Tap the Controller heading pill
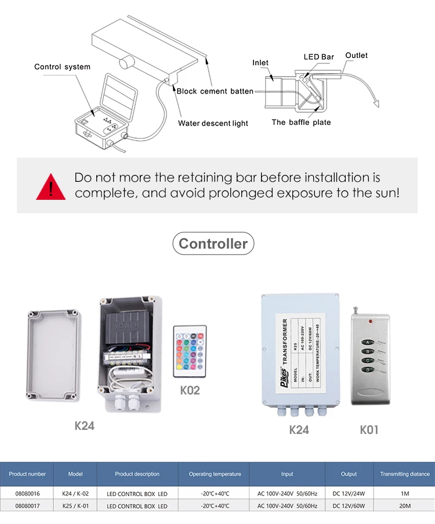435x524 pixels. coord(213,244)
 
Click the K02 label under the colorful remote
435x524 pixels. coord(190,390)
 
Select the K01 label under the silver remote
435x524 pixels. coord(369,430)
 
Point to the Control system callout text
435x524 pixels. coord(62,67)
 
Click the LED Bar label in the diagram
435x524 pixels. coord(319,57)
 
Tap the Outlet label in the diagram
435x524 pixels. coord(356,55)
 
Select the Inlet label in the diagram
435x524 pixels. coord(260,63)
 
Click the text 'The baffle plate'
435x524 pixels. coord(301,122)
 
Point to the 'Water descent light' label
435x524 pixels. coord(213,123)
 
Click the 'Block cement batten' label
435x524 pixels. coord(215,91)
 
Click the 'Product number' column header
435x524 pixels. coord(27,474)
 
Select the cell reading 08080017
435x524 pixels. coord(27,506)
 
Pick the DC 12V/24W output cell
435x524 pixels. coord(349,493)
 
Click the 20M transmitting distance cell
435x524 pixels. coord(404,506)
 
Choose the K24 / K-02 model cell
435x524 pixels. coord(75,493)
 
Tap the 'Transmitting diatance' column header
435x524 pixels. coord(404,474)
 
